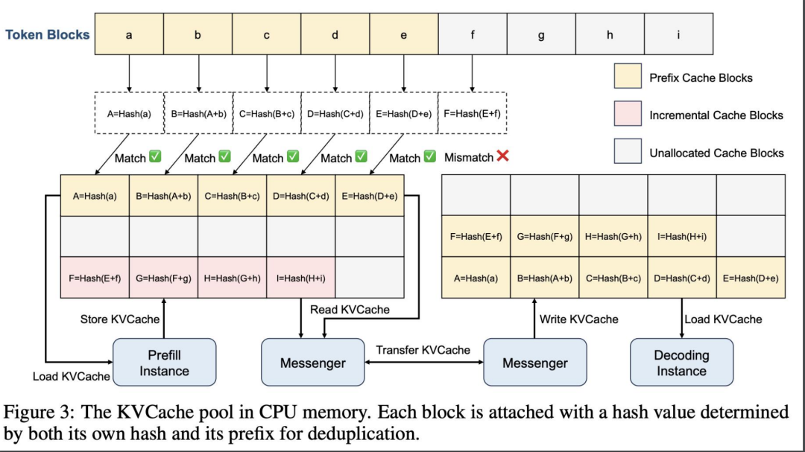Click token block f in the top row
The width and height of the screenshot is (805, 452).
click(x=473, y=34)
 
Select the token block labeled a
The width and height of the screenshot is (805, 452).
click(x=129, y=34)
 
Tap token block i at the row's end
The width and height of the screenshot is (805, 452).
click(x=678, y=34)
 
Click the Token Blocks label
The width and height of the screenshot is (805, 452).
click(x=48, y=34)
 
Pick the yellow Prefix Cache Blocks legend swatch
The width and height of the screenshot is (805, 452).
click(x=627, y=77)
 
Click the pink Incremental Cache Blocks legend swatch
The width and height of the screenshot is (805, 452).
click(x=627, y=115)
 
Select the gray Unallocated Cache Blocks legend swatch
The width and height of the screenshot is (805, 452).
click(x=627, y=152)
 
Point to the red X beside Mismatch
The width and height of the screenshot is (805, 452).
click(x=503, y=157)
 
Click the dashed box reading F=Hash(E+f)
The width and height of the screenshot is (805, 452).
click(x=473, y=114)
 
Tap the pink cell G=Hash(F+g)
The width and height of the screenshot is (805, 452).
click(x=164, y=278)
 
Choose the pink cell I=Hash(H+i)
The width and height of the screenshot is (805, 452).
click(x=301, y=278)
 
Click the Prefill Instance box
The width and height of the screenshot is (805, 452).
click(x=164, y=363)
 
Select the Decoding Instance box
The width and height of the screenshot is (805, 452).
click(x=681, y=363)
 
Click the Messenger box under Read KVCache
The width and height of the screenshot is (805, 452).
click(x=312, y=363)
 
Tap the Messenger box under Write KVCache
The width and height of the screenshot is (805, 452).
click(x=534, y=363)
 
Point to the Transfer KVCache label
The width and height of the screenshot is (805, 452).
click(x=423, y=350)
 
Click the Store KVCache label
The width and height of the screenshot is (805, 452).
click(x=120, y=319)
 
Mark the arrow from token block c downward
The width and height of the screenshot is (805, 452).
click(x=267, y=74)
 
